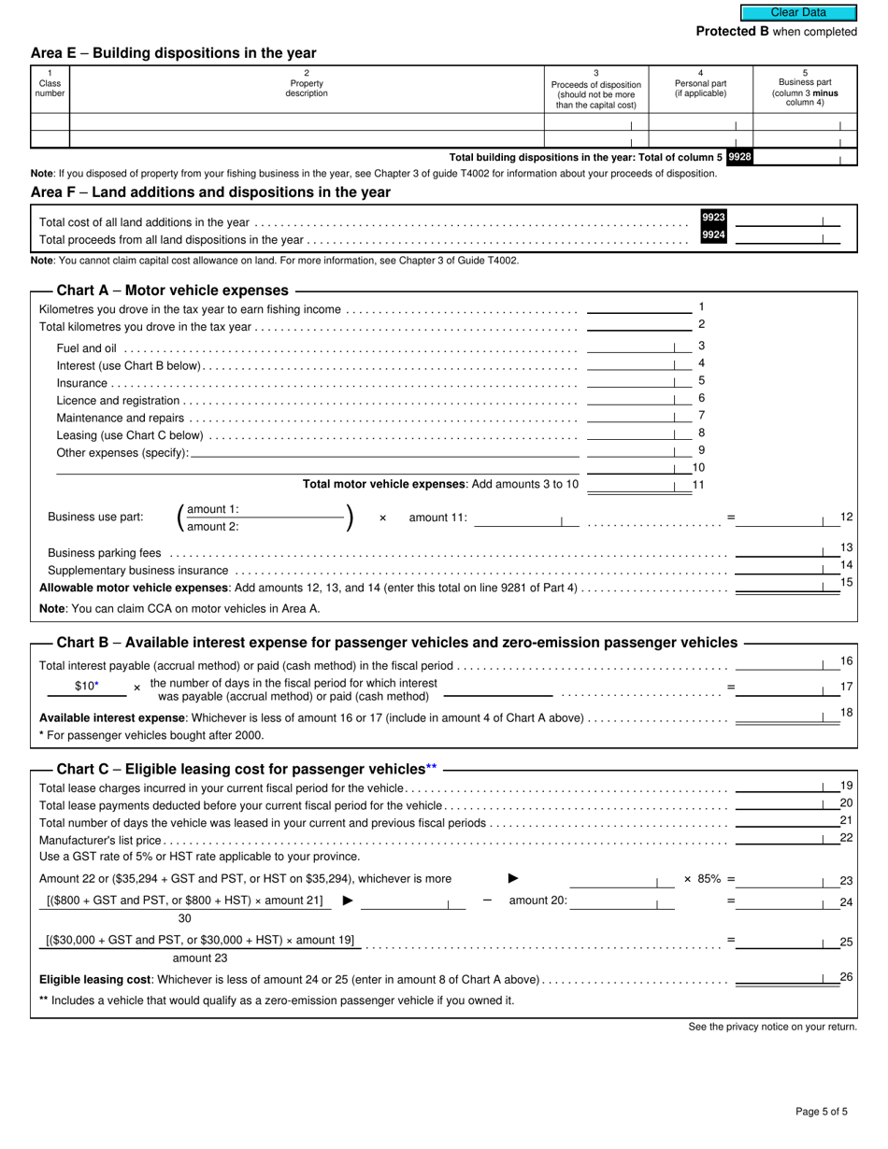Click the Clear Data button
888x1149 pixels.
[798, 13]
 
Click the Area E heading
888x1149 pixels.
[173, 53]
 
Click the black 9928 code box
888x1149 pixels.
[738, 157]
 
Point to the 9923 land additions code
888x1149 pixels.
[713, 218]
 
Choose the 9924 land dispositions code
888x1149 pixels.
[713, 235]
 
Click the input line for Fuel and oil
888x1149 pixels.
[632, 347]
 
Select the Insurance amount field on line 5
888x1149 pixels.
[632, 382]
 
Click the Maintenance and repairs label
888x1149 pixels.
[121, 418]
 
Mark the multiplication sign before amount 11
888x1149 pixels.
[382, 518]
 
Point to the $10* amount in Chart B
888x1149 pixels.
[86, 687]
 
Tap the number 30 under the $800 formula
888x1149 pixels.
[185, 918]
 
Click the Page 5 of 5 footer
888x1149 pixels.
[822, 1112]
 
